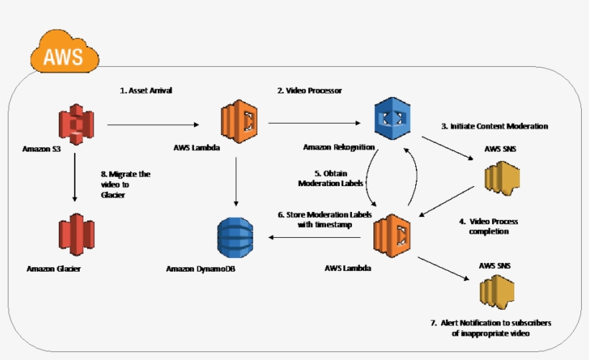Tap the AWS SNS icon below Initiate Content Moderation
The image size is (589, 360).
click(501, 177)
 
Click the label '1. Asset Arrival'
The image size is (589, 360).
click(146, 91)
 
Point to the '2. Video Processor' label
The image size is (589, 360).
click(310, 91)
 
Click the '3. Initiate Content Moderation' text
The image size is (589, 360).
click(494, 126)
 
